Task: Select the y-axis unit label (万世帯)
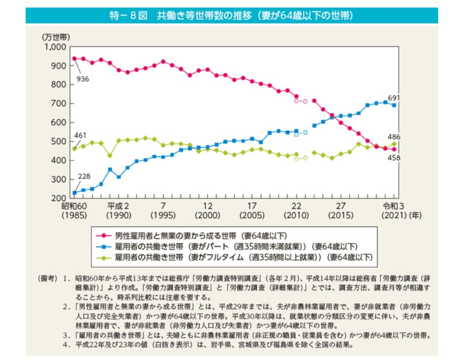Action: point(56,37)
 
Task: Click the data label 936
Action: point(83,79)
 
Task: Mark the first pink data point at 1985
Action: point(74,58)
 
